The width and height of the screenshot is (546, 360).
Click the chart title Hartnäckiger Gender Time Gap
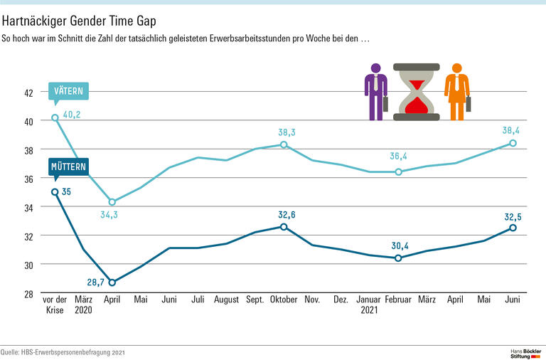(79, 20)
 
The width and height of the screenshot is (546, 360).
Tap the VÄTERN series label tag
(69, 91)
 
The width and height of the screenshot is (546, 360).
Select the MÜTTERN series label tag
(69, 167)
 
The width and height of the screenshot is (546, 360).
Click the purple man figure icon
(376, 92)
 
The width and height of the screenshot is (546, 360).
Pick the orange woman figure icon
(456, 92)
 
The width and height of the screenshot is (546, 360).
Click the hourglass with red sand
(417, 92)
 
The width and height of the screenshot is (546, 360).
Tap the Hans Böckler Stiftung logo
(526, 352)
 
